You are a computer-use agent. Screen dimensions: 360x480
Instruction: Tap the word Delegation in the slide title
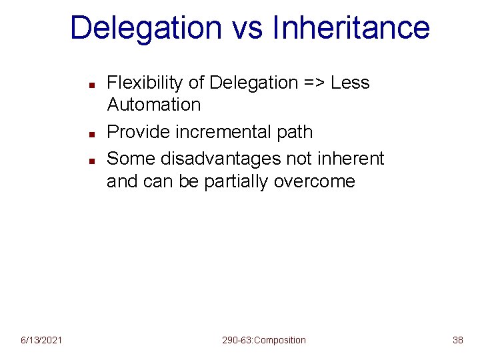145,28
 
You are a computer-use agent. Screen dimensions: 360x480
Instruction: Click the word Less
350,83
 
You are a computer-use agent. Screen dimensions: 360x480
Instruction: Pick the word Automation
153,105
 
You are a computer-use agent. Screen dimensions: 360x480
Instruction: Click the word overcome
315,181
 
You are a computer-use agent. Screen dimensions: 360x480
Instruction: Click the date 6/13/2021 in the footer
41,341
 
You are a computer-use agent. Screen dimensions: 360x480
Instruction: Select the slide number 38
457,341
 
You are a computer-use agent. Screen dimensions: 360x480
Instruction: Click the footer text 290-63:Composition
264,341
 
